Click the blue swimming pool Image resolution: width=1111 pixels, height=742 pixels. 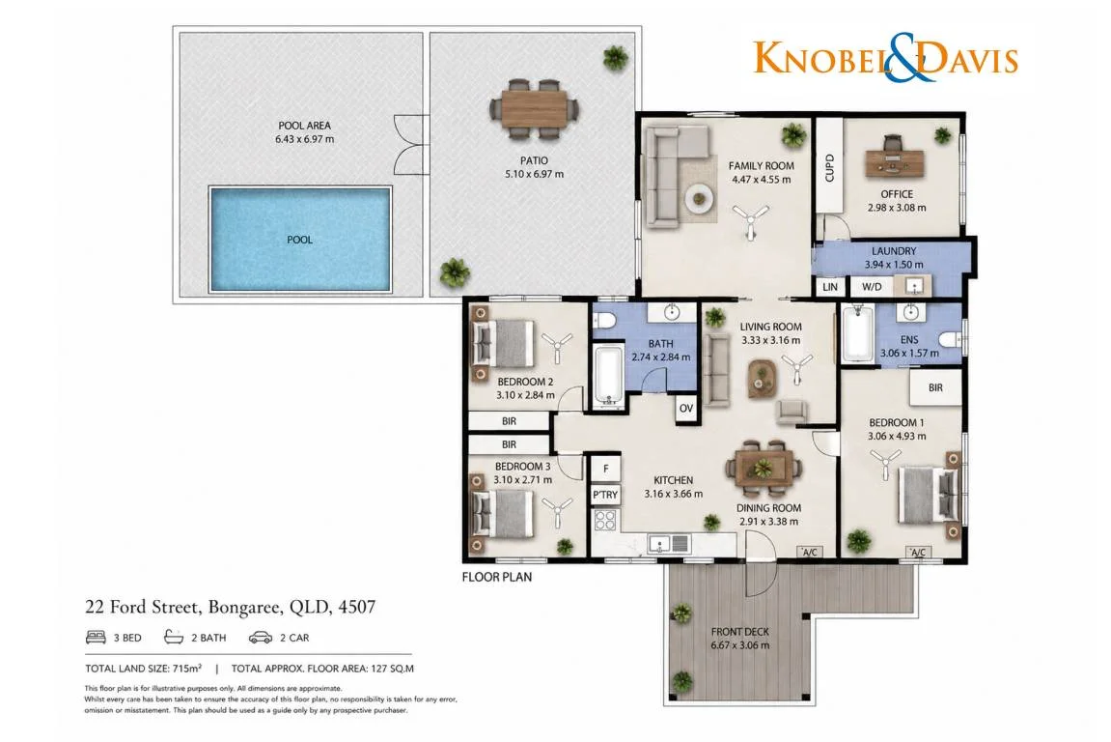300,239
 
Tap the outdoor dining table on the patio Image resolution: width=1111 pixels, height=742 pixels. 534,109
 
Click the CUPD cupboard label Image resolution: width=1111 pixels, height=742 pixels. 830,168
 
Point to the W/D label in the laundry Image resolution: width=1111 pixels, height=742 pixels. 872,287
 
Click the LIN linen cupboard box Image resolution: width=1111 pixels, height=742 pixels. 830,287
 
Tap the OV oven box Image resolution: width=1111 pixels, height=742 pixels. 685,409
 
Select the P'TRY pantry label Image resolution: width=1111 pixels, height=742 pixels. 605,495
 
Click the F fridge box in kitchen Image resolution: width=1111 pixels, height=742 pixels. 606,469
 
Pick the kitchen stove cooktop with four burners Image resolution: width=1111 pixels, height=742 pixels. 605,519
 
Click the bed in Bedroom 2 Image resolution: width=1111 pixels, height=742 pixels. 503,343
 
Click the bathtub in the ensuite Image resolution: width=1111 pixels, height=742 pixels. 857,333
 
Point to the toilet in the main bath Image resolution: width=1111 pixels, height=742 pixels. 604,320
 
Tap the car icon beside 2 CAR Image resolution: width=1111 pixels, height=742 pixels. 260,637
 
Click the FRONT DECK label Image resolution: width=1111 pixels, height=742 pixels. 739,631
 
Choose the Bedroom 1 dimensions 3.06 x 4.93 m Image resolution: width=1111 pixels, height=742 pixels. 897,437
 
